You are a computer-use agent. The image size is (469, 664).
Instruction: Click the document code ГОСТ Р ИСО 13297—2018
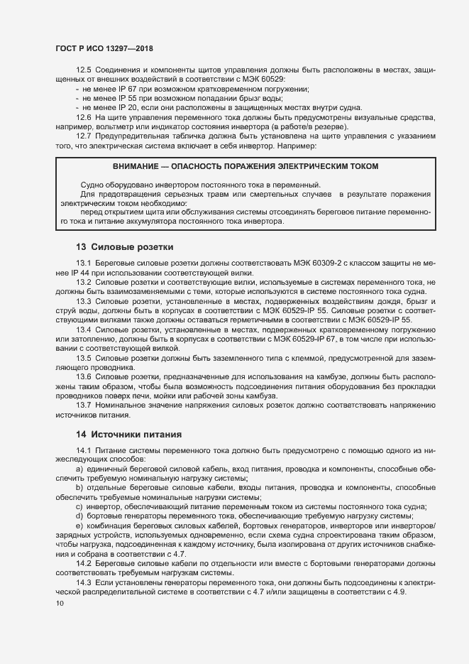(104, 48)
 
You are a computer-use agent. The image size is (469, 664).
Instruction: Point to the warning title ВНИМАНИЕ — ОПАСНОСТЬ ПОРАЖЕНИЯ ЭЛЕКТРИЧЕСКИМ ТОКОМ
(245, 166)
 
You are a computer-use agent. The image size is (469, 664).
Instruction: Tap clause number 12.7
(84, 136)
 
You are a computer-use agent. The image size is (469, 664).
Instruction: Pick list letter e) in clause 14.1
(79, 524)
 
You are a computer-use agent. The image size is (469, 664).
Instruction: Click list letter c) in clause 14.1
(79, 506)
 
